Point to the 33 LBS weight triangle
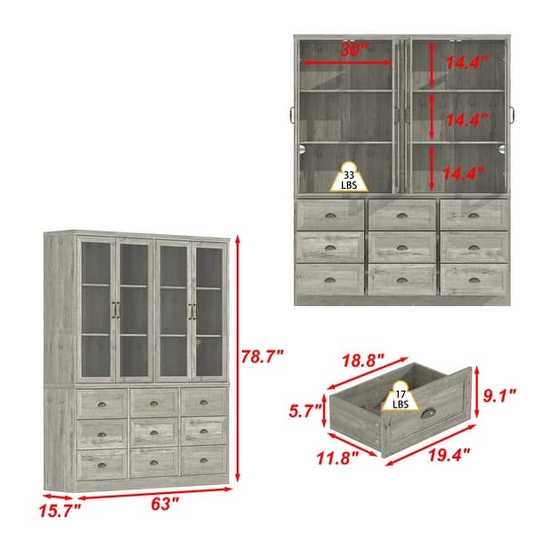click(x=350, y=179)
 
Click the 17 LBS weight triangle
click(x=400, y=397)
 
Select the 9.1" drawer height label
click(x=499, y=392)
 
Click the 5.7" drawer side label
click(x=304, y=411)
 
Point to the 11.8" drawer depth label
click(x=336, y=458)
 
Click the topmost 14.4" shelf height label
click(x=465, y=63)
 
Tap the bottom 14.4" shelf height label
click(x=465, y=171)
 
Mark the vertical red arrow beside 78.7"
click(x=236, y=356)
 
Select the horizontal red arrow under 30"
click(x=347, y=63)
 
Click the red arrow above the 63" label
click(x=157, y=488)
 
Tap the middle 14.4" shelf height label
click(x=465, y=118)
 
